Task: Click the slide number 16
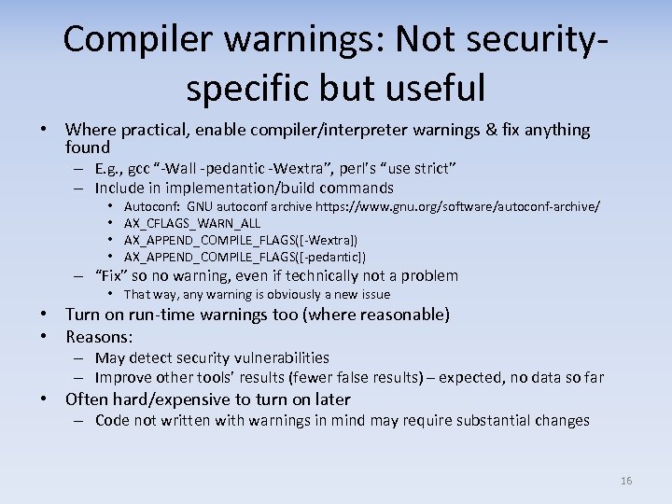625,481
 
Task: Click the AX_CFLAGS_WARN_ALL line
191,223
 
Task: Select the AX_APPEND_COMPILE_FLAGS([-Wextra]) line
240,240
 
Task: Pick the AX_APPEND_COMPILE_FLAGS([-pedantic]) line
245,257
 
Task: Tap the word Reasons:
99,336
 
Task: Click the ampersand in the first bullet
489,130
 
